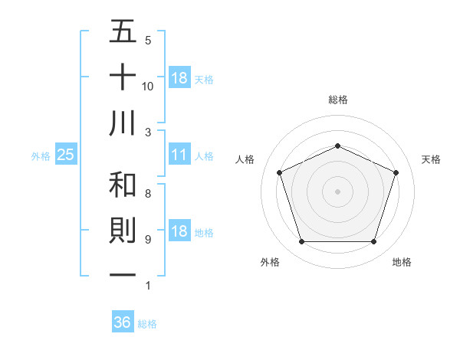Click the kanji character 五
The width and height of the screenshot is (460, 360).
(123, 32)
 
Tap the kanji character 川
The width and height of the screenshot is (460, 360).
(123, 123)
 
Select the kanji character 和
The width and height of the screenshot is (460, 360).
(123, 185)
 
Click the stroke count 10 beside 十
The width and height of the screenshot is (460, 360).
(148, 86)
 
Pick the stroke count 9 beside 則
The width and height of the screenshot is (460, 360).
(148, 240)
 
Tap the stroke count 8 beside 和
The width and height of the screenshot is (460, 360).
(148, 194)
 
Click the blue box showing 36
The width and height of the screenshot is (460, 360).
(123, 322)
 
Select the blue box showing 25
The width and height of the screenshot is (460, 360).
(66, 155)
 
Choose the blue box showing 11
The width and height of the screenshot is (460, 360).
(179, 155)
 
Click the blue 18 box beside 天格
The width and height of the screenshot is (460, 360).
(179, 78)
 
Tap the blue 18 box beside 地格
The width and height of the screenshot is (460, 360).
(179, 232)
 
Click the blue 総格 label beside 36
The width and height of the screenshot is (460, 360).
(147, 324)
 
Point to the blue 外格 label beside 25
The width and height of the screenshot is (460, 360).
(41, 156)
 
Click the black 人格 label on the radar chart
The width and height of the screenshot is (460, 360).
(245, 159)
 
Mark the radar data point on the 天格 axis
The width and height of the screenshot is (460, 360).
(396, 172)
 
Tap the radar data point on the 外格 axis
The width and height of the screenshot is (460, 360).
(301, 242)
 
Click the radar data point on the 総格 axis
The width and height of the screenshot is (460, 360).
(337, 146)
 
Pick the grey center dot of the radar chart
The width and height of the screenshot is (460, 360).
(337, 191)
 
